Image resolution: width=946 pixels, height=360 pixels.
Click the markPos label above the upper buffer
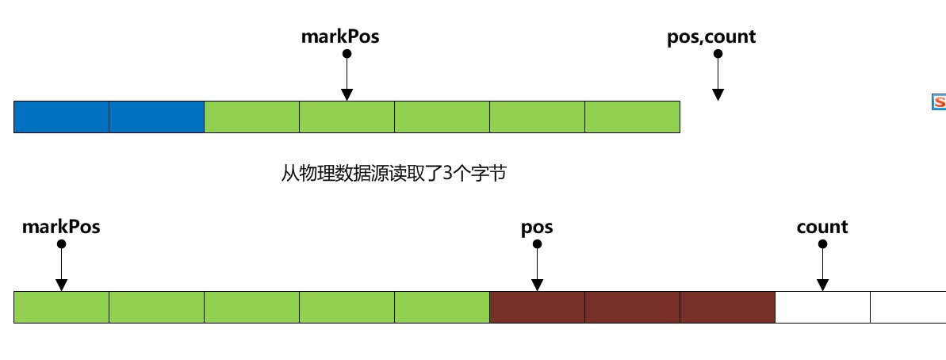click(x=340, y=36)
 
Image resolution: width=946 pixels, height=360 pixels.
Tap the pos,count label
click(x=711, y=36)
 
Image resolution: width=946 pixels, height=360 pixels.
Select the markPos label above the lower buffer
click(x=61, y=227)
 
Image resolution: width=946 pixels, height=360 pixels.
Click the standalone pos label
click(x=537, y=227)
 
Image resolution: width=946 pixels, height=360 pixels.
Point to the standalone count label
click(x=822, y=227)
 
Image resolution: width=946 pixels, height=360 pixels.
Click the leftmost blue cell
click(x=62, y=117)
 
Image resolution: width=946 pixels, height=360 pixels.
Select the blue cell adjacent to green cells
click(x=157, y=117)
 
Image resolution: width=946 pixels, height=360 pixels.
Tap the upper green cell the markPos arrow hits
click(x=347, y=117)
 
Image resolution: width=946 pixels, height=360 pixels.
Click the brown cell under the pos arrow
click(x=537, y=307)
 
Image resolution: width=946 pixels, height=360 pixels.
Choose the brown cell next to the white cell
click(x=727, y=307)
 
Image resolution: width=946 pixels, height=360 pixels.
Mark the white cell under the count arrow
click(x=822, y=307)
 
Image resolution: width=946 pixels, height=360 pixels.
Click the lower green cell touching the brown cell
click(x=442, y=307)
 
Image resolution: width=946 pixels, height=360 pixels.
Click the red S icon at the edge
click(x=939, y=101)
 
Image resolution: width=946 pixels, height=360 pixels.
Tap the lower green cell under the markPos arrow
click(x=61, y=307)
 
